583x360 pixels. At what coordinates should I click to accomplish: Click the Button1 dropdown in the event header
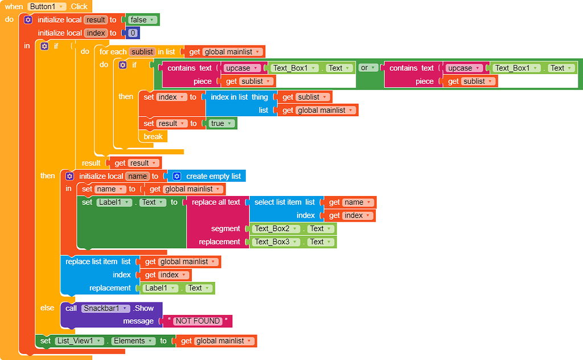47,6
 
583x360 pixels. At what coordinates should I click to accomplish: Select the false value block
142,20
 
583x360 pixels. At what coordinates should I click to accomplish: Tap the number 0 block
133,33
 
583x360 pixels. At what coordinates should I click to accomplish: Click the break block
153,137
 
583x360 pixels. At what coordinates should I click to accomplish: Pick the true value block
221,124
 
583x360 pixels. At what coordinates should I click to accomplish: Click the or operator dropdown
367,68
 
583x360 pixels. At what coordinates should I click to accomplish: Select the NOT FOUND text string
198,321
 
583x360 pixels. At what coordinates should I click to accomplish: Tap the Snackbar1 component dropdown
105,308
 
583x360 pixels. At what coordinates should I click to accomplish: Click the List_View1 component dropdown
79,341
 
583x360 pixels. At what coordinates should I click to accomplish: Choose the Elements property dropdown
133,341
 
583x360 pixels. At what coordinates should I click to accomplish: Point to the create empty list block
207,176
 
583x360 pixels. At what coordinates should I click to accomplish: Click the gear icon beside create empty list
177,176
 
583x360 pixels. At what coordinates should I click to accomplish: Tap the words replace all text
216,202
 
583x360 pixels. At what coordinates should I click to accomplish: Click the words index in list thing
239,97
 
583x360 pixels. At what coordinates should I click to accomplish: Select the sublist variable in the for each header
142,52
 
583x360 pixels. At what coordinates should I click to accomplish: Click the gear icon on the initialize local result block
28,20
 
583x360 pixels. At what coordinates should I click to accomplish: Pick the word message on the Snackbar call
138,321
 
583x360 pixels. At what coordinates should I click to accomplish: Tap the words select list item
278,202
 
